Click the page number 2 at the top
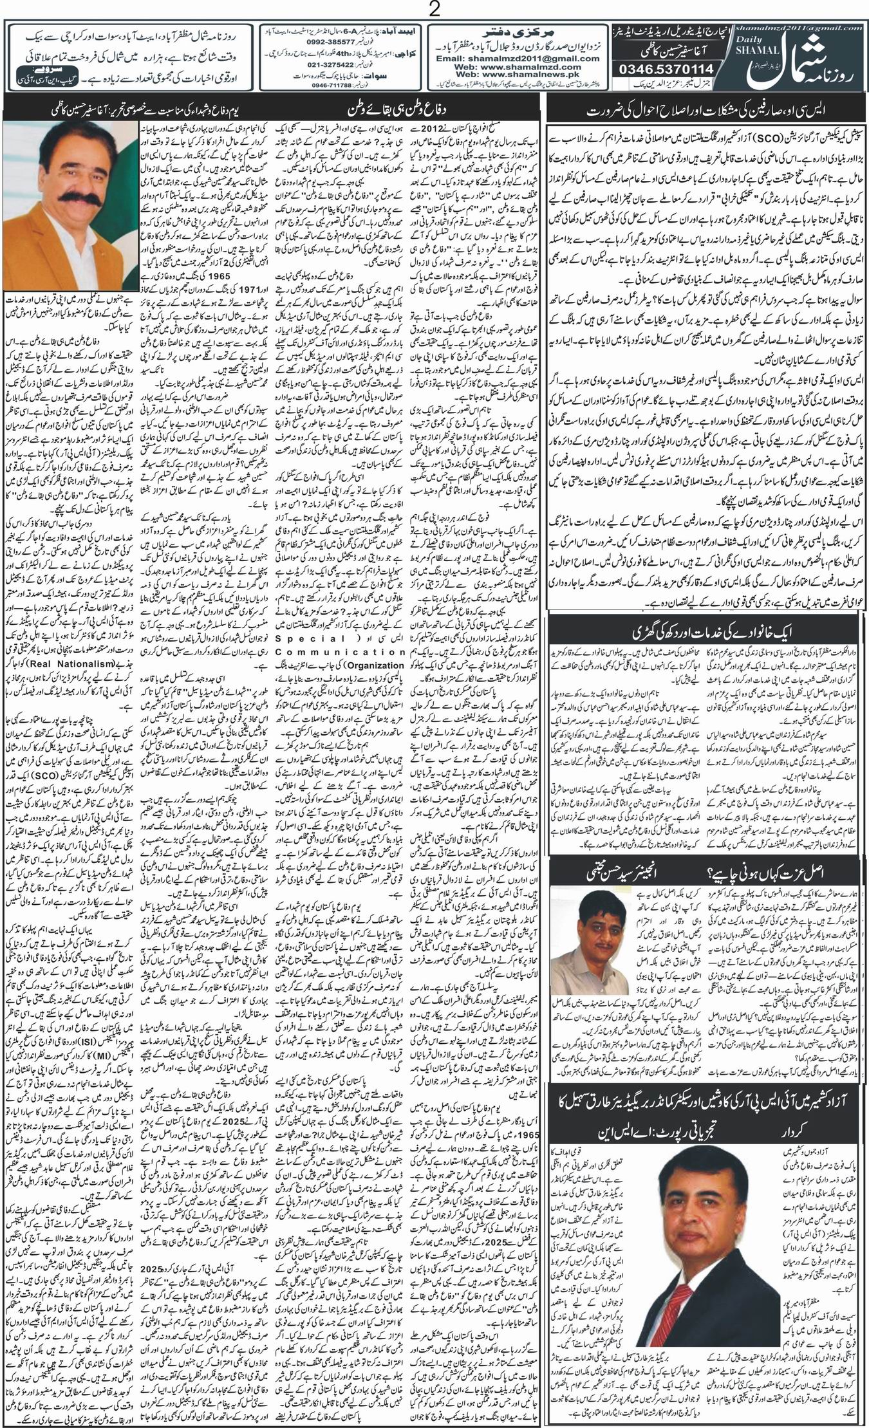point(434,10)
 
